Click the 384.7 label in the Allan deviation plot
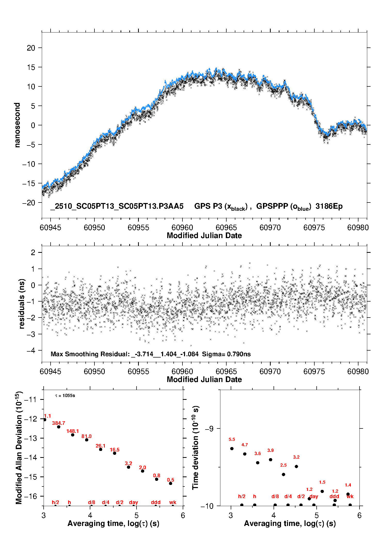point(59,423)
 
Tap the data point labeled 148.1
point(73,435)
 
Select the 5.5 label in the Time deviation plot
point(232,439)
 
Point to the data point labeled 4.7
point(245,454)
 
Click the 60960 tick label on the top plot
point(182,228)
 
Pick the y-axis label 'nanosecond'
point(17,125)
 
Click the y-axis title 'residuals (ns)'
point(22,304)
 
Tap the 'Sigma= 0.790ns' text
point(226,354)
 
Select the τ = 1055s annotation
point(65,395)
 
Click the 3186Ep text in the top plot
point(329,206)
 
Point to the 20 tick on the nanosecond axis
point(31,48)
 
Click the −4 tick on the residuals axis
point(31,350)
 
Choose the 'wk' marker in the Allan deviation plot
point(173,502)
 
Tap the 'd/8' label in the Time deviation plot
point(275,496)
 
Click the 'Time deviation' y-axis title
point(195,448)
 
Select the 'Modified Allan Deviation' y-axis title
point(19,448)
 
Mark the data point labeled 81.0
point(87,440)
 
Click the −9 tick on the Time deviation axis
point(209,428)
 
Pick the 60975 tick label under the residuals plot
point(314,371)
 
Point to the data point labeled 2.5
point(283,474)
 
